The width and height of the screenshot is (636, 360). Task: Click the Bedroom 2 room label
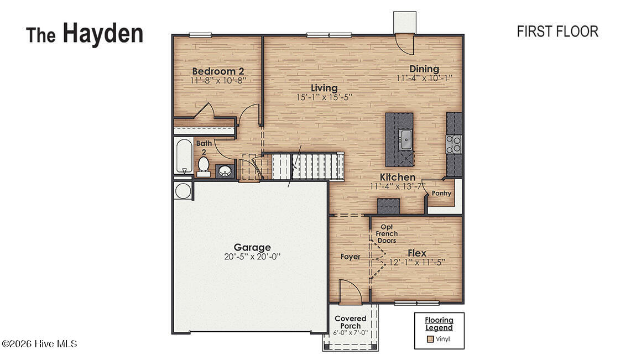218,71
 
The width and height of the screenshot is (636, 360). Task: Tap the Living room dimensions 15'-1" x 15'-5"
324,97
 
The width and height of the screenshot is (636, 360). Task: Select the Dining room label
424,69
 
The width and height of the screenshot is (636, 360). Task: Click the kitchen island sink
406,137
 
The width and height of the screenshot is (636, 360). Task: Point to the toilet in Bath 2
203,164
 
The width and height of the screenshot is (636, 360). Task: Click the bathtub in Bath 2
183,156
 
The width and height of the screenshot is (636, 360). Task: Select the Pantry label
442,194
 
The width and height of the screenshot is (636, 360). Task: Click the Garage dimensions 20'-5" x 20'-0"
252,257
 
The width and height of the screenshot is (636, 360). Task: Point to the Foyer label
350,257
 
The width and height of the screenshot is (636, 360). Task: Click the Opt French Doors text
387,233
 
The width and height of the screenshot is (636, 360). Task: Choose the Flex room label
417,253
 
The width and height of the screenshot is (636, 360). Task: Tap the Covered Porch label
351,322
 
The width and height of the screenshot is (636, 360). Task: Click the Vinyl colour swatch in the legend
430,339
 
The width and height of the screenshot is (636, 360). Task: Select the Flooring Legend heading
439,324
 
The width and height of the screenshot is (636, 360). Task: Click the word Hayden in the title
103,33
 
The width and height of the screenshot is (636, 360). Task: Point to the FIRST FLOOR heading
557,32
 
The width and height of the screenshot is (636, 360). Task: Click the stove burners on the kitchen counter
454,144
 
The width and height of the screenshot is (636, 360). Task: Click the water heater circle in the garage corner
182,191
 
